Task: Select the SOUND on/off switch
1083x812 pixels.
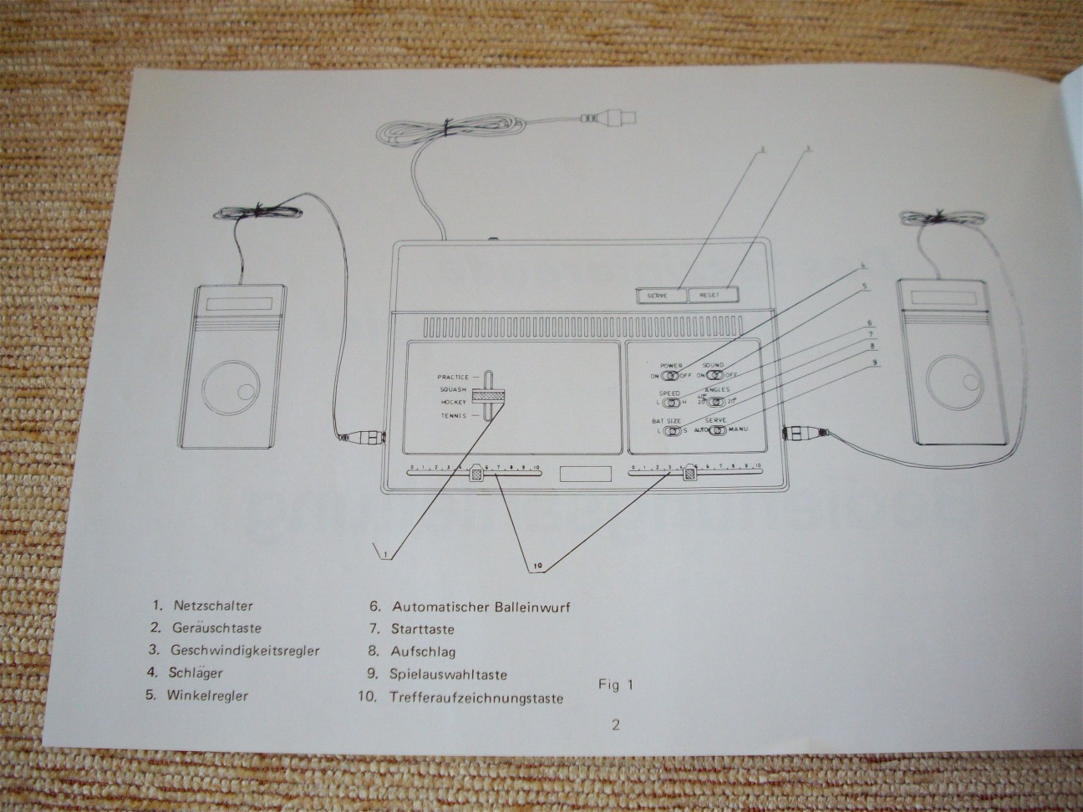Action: click(712, 376)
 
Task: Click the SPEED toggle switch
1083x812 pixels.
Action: click(670, 403)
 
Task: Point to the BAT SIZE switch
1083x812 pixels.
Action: click(670, 430)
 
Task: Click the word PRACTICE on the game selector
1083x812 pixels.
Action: click(453, 377)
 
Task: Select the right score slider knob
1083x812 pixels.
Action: click(689, 473)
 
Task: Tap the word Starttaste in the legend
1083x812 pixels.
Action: click(422, 629)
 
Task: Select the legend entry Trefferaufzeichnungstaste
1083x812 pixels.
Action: click(475, 698)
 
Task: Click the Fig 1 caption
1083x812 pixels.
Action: click(614, 685)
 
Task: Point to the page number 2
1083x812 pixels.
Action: click(616, 724)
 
